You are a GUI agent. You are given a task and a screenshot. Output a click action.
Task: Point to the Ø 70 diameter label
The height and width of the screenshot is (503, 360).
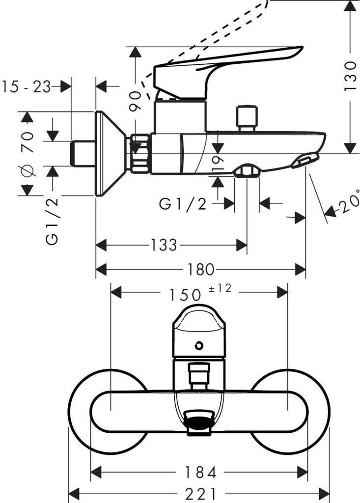(27, 153)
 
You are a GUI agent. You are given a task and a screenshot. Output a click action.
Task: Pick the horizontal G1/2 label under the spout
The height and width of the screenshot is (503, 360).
(183, 203)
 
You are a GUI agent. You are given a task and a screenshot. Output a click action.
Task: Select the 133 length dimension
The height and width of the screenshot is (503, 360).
(164, 245)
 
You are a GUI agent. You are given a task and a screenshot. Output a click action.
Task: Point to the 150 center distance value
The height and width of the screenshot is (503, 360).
(186, 294)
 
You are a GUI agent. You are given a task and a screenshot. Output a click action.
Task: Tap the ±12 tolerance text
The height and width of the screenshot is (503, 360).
(221, 289)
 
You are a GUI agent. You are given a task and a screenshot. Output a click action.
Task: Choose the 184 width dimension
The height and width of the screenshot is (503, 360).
(200, 473)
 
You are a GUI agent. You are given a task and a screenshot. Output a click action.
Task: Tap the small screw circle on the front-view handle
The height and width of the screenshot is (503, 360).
(198, 345)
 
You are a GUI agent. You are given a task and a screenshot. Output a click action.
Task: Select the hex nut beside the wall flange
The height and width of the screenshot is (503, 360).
(139, 153)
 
